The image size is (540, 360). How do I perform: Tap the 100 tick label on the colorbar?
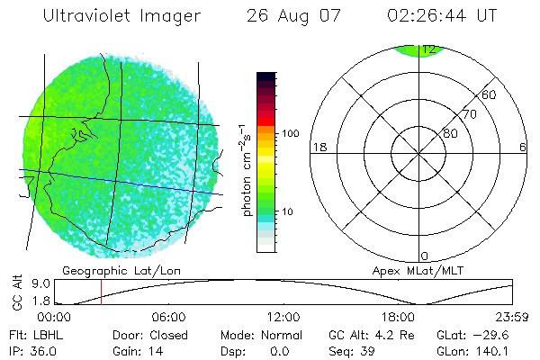291,133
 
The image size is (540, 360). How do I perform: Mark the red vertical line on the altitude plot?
101,292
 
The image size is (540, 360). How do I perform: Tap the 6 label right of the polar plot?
523,147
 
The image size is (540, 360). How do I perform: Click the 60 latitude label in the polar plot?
490,94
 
